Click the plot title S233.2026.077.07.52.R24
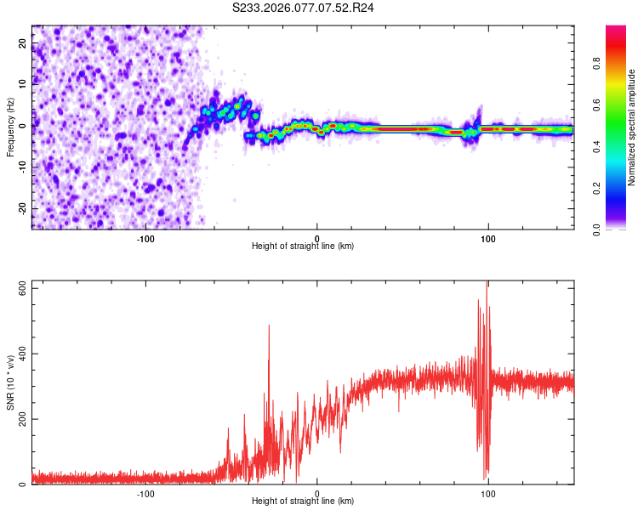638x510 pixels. coord(304,8)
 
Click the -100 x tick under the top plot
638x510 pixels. coord(145,239)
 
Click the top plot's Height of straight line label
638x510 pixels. coord(303,246)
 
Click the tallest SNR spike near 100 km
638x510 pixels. coord(487,282)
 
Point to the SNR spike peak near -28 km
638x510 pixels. coord(270,326)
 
